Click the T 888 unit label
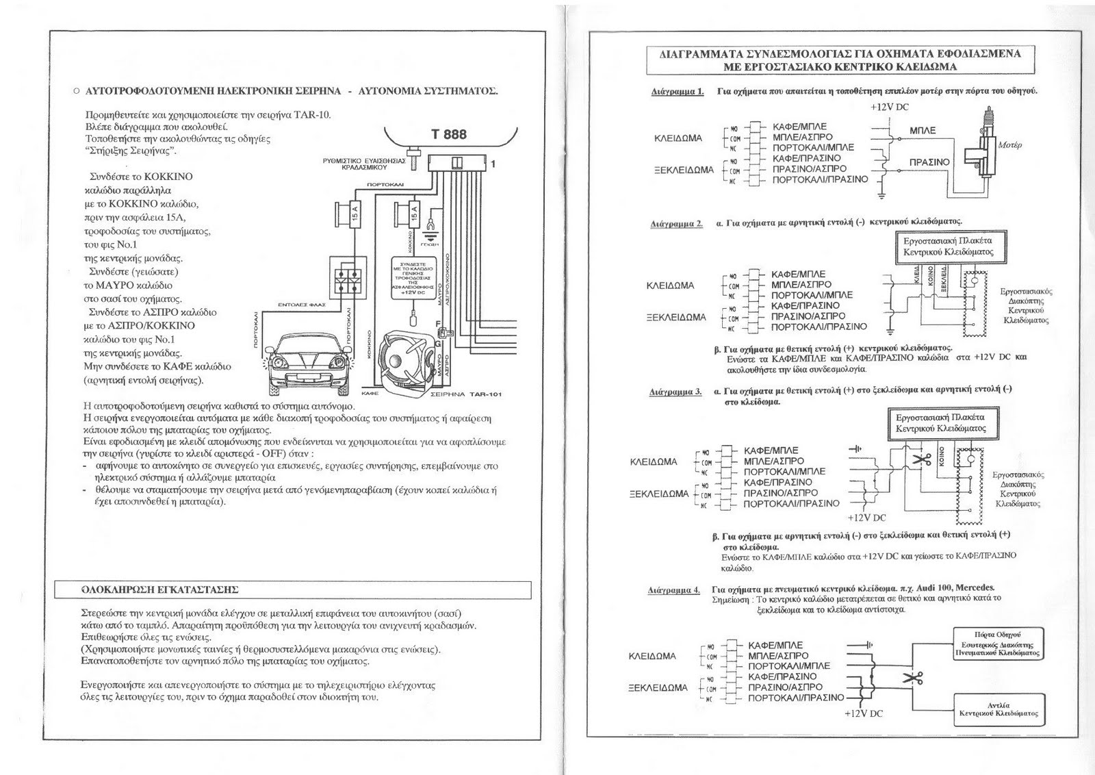click(x=448, y=134)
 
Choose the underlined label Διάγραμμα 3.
click(x=675, y=392)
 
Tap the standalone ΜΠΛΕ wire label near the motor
click(x=922, y=130)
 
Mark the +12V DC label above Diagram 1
click(x=890, y=107)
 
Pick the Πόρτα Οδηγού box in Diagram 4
click(x=998, y=644)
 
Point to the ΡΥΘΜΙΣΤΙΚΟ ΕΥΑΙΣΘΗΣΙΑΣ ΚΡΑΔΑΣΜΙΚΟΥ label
click(x=364, y=164)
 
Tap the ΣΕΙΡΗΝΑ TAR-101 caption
click(x=458, y=394)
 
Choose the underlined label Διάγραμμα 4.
click(x=674, y=589)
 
